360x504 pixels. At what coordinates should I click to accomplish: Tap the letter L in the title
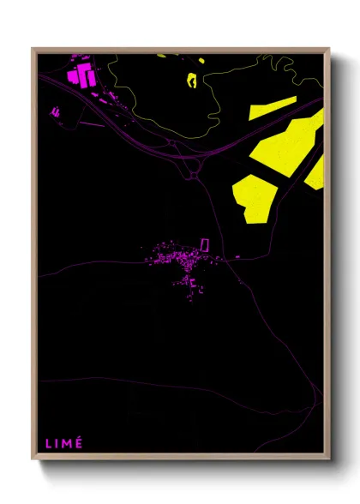click(x=48, y=443)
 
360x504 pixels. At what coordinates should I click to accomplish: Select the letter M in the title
click(x=66, y=443)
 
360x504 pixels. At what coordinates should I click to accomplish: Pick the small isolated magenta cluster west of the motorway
click(x=56, y=111)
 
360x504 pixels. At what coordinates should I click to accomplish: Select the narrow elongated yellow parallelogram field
click(x=273, y=108)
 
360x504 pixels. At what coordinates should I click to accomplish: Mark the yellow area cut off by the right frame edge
click(x=316, y=172)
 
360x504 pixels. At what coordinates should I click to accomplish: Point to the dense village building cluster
click(x=176, y=256)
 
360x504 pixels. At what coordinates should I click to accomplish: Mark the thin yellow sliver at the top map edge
click(x=161, y=56)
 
